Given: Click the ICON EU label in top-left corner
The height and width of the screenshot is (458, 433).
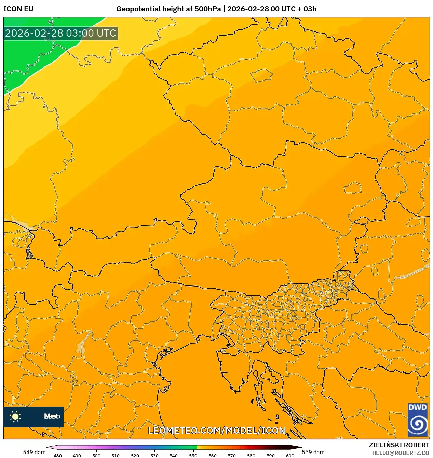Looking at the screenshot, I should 18,9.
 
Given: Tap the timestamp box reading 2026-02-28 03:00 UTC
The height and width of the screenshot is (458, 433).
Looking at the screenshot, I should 60,34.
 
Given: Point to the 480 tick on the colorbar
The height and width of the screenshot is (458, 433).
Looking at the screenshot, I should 58,455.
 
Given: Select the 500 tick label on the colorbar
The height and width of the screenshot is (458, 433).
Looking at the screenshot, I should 96,455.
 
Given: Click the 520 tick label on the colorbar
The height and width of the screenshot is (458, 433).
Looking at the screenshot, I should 135,455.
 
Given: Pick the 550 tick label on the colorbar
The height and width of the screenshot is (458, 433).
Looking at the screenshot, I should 193,455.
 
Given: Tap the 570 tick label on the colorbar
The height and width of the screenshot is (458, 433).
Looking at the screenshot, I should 232,455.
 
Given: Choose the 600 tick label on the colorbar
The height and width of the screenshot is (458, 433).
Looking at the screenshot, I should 290,455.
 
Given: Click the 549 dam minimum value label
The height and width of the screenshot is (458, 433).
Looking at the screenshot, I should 34,452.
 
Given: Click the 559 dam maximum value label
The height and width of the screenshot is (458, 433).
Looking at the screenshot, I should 313,452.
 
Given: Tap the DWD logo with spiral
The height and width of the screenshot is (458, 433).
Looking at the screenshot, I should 418,420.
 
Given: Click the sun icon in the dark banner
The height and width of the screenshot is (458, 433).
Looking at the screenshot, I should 15,416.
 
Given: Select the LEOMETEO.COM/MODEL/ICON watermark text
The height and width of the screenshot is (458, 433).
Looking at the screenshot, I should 216,430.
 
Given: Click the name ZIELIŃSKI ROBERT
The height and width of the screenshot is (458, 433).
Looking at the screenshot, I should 399,445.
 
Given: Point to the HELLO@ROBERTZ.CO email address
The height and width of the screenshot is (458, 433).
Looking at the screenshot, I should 401,453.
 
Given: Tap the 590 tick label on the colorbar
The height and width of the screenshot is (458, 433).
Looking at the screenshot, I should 270,455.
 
